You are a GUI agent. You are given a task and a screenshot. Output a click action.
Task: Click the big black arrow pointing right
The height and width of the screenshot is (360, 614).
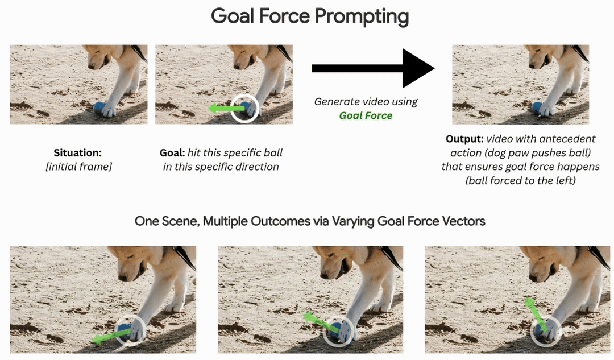pyautogui.click(x=373, y=68)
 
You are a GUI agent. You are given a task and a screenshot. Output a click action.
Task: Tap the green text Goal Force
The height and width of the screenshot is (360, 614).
pyautogui.click(x=366, y=115)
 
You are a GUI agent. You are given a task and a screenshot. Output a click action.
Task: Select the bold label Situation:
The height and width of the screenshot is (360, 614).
pyautogui.click(x=78, y=153)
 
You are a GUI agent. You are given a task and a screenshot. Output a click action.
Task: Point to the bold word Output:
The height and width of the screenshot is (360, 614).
pyautogui.click(x=464, y=139)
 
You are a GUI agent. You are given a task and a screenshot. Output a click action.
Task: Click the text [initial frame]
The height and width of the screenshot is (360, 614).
pyautogui.click(x=78, y=167)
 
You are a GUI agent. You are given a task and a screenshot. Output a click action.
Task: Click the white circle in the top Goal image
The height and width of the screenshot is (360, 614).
pyautogui.click(x=246, y=108)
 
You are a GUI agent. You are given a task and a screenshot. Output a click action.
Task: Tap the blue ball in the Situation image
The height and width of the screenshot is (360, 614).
pyautogui.click(x=101, y=107)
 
